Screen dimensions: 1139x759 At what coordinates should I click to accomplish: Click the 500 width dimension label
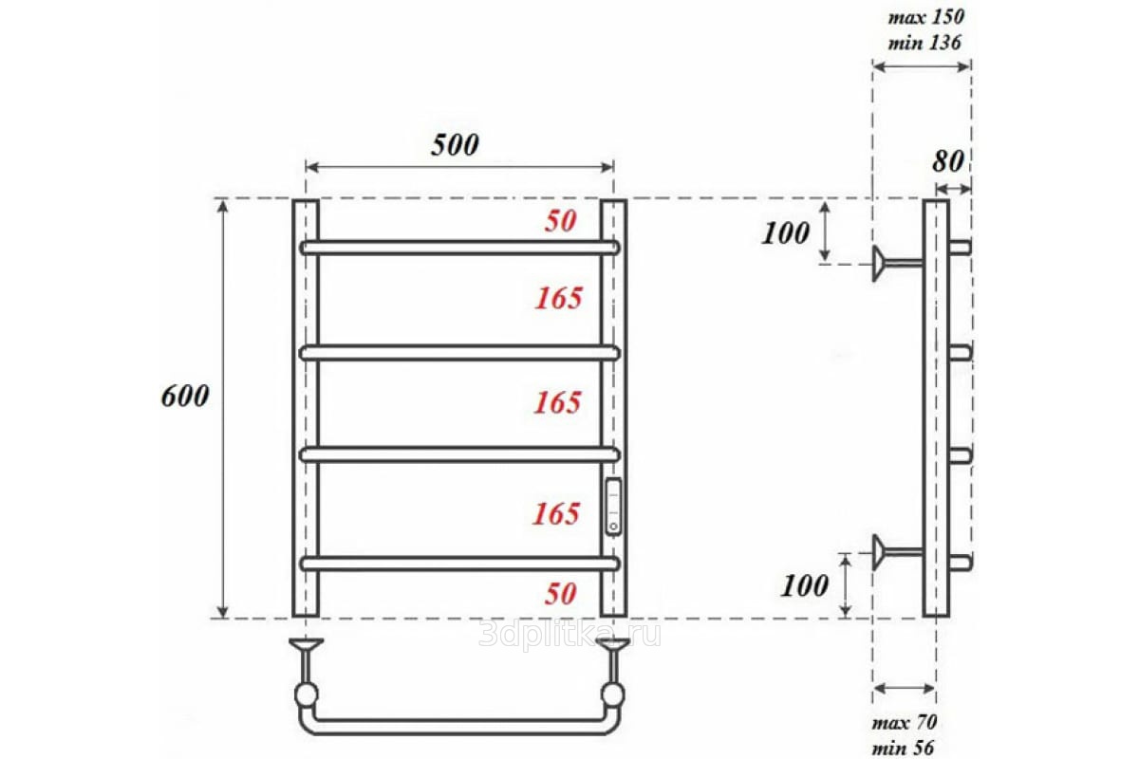point(455,145)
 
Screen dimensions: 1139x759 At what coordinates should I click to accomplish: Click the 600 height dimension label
point(185,396)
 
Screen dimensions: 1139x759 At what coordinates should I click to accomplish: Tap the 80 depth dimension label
point(948,161)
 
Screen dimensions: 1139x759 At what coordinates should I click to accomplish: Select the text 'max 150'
point(926,17)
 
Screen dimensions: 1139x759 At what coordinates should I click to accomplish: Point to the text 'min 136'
point(924,43)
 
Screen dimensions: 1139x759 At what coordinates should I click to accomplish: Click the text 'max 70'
point(904,722)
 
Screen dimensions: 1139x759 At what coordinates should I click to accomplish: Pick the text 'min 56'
point(903,748)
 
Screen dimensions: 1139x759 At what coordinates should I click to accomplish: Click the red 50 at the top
point(560,221)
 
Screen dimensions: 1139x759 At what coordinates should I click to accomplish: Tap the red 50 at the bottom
point(560,593)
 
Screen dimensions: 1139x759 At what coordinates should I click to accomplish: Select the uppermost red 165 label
point(559,299)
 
